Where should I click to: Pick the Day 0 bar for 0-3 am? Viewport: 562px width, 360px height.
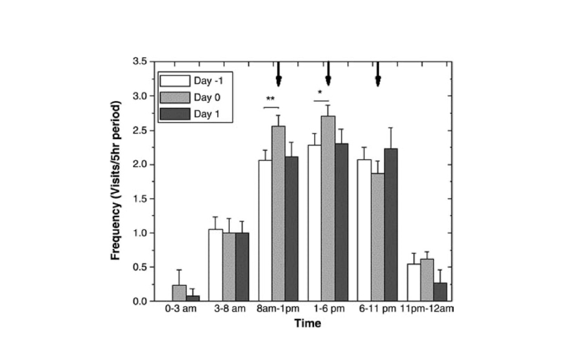coord(179,294)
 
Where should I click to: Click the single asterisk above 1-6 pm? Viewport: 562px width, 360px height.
coord(320,93)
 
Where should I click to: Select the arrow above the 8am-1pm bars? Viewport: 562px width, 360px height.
coord(279,74)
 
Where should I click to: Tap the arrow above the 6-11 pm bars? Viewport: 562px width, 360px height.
coord(378,74)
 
